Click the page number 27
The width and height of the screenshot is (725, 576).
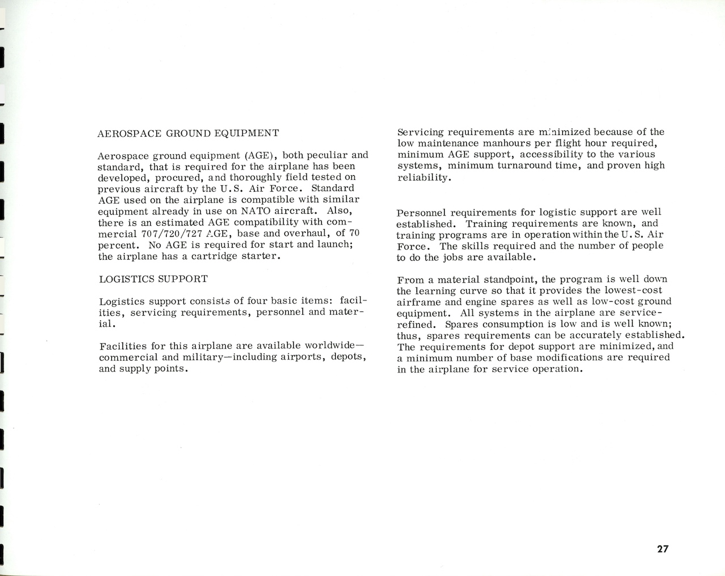click(663, 549)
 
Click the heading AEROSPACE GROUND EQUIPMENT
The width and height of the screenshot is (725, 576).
click(188, 133)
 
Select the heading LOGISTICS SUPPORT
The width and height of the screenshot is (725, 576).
click(153, 279)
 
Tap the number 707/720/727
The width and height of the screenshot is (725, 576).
click(171, 234)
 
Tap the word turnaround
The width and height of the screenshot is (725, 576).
click(522, 166)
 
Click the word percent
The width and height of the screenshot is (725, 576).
click(118, 245)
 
